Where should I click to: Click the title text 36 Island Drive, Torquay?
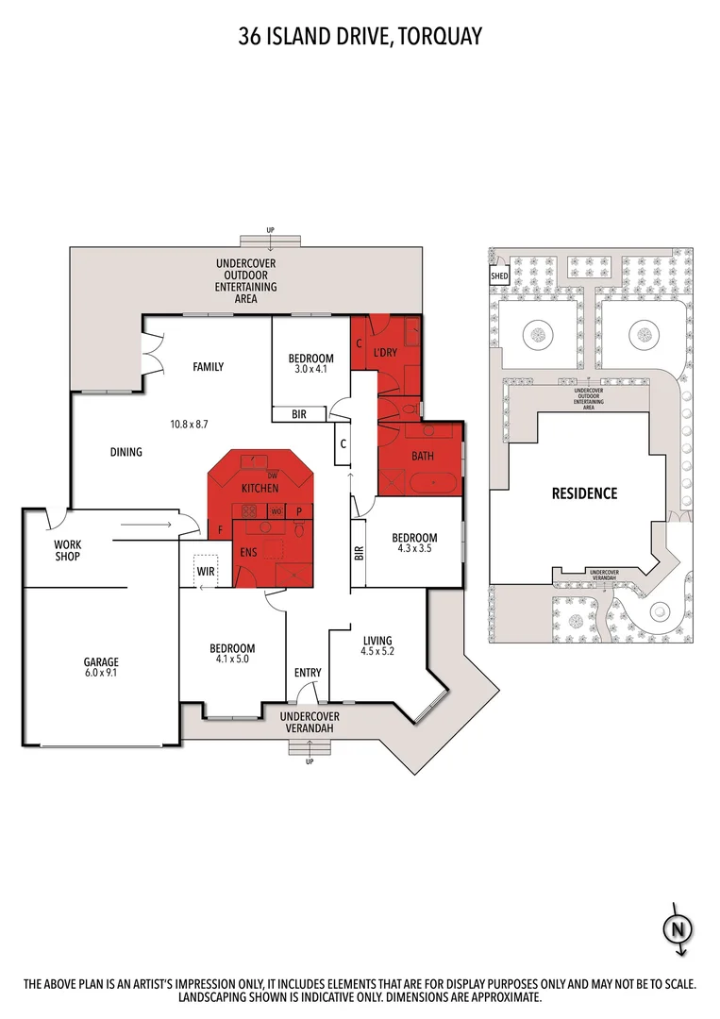point(360,37)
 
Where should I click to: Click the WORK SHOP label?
point(67,550)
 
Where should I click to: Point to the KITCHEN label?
point(260,489)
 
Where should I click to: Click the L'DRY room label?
point(384,352)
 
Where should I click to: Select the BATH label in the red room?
point(421,457)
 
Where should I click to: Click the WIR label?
point(206,572)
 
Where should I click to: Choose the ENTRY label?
point(308,673)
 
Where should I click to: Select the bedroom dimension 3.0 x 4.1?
point(310,370)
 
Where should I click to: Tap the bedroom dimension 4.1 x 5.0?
point(232,660)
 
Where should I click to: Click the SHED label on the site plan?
point(499,276)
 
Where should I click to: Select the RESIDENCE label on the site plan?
point(584,493)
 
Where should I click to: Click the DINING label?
point(126,452)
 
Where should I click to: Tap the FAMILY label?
point(208,367)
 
